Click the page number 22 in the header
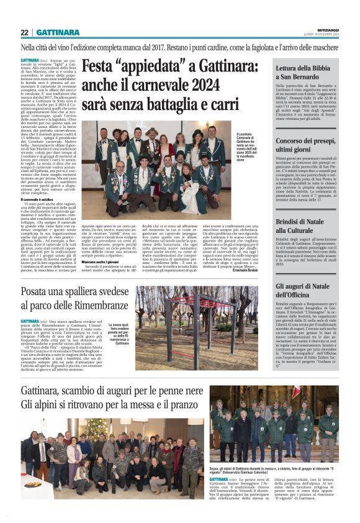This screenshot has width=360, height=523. point(25,32)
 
